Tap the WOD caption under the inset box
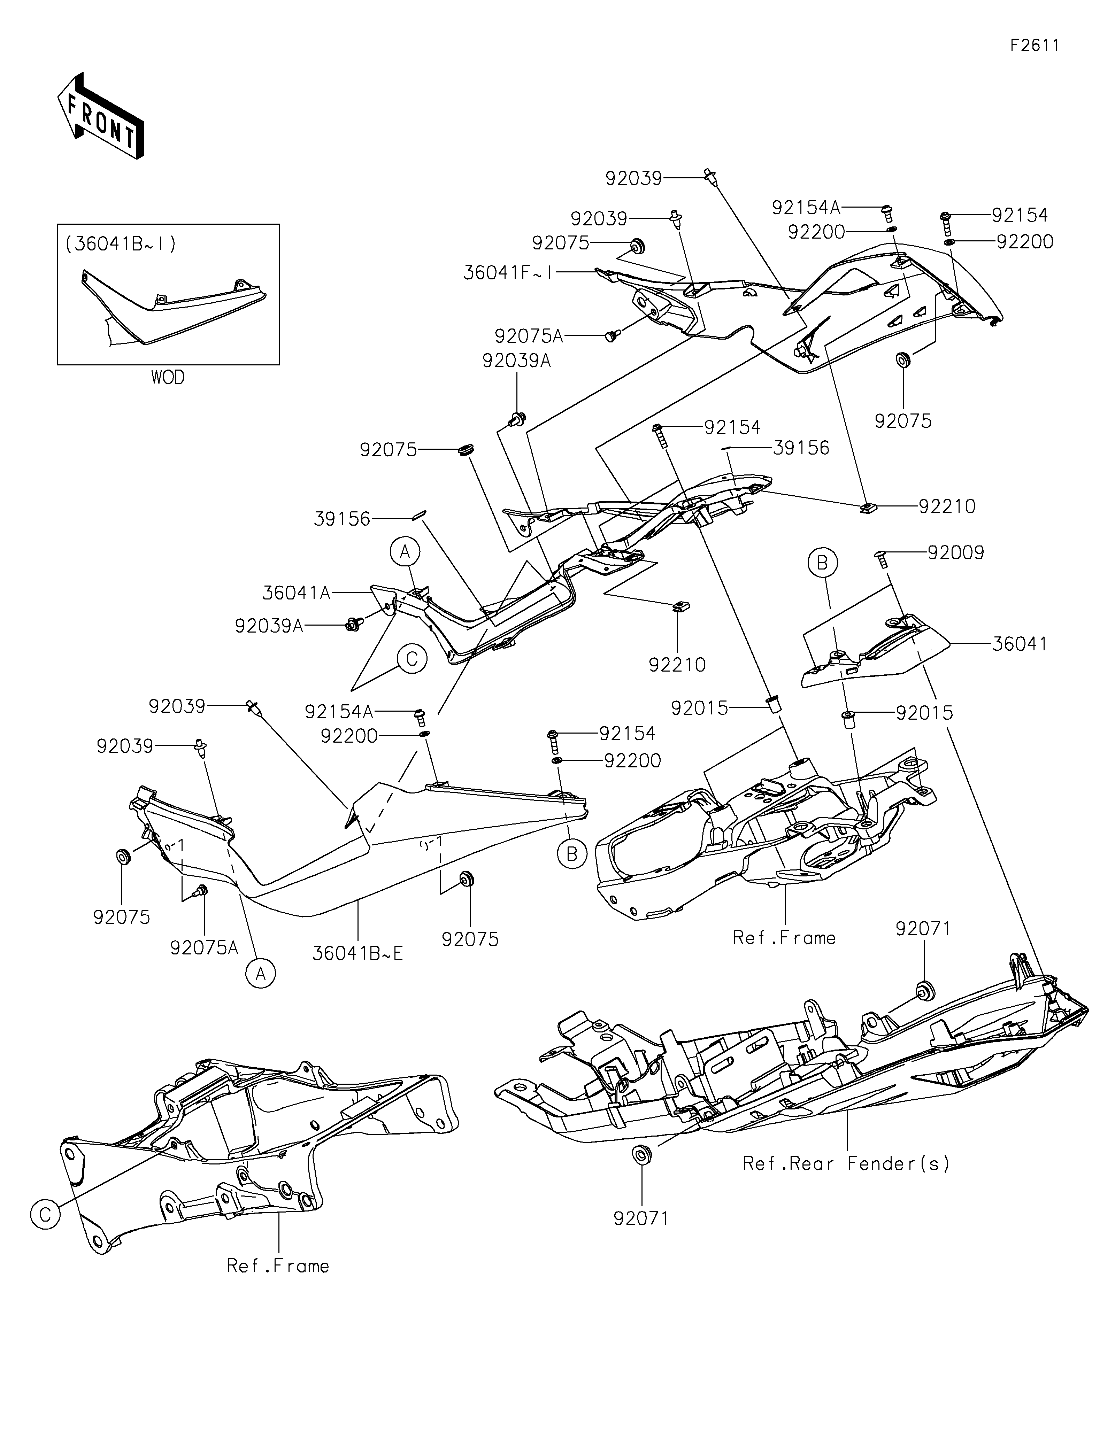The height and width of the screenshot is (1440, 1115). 168,378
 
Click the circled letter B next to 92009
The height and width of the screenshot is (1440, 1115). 822,563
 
